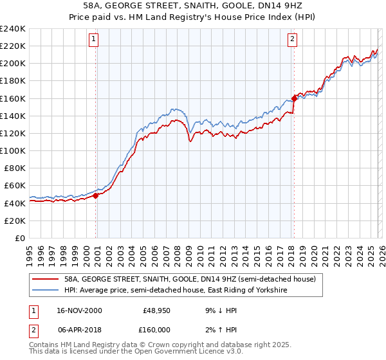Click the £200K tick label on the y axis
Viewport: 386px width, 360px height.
[13, 64]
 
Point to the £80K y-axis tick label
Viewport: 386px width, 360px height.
[14, 168]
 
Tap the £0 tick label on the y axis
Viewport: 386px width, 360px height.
[19, 238]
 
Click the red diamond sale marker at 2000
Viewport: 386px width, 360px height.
[96, 195]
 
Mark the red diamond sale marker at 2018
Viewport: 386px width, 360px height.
[294, 98]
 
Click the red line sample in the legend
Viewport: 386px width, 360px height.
[46, 280]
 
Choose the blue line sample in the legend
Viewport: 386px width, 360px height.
[46, 291]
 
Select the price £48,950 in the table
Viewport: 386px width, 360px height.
[155, 310]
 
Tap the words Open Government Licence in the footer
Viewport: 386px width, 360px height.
[169, 353]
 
